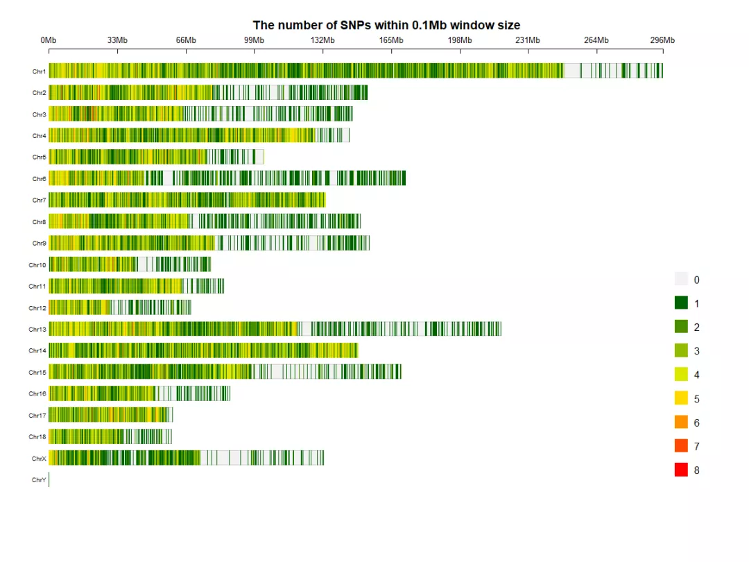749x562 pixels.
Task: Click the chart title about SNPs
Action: click(386, 25)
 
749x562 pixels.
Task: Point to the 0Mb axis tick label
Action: click(49, 40)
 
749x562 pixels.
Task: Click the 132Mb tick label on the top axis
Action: click(322, 40)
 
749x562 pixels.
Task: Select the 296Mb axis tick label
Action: click(662, 40)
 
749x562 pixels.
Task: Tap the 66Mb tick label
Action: click(186, 40)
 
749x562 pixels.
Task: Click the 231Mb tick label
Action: click(528, 40)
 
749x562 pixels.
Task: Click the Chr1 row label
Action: click(39, 71)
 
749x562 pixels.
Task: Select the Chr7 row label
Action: click(39, 201)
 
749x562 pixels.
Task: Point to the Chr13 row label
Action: click(37, 330)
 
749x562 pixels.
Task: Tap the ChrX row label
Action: click(39, 459)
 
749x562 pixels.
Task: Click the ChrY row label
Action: click(39, 480)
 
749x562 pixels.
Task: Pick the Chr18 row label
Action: click(37, 437)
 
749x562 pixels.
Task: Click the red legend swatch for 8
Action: click(681, 470)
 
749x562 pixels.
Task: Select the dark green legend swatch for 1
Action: click(681, 303)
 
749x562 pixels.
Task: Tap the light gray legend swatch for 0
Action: click(681, 280)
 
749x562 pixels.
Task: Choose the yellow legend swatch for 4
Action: click(681, 375)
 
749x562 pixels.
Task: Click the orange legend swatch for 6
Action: click(681, 423)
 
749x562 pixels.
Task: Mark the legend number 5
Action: click(696, 399)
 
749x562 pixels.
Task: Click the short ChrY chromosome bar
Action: click(49, 479)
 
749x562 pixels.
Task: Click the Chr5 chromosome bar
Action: click(156, 157)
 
